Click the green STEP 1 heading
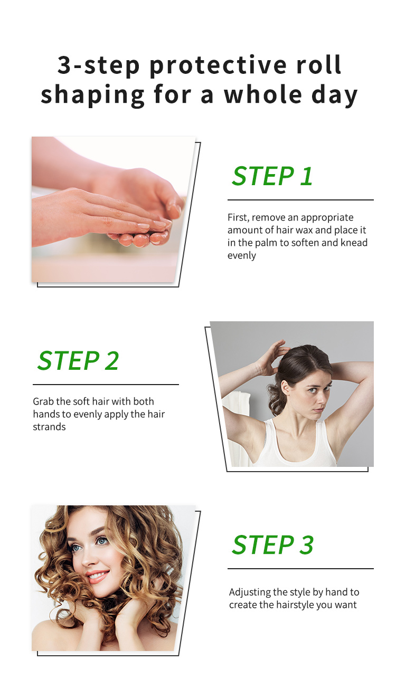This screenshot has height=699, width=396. click(272, 176)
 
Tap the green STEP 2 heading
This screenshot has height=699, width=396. click(78, 360)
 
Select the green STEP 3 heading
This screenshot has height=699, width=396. click(272, 545)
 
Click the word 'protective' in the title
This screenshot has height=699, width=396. click(218, 66)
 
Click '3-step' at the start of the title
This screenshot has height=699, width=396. click(98, 66)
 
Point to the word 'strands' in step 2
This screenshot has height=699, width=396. click(49, 427)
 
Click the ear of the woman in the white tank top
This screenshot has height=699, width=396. click(285, 388)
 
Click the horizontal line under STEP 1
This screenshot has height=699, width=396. click(300, 200)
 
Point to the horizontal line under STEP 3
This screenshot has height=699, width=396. click(300, 569)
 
